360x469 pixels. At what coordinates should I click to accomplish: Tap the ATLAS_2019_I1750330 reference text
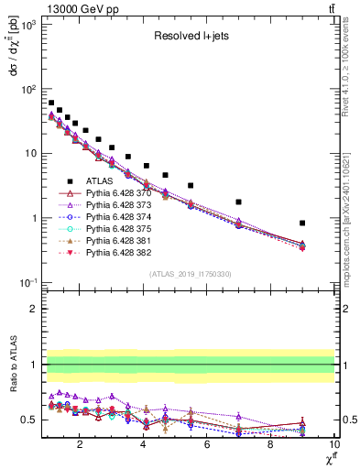tap(190, 274)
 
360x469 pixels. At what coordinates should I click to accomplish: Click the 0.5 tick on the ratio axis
tap(32, 420)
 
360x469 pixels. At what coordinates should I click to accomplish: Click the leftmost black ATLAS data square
tap(51, 103)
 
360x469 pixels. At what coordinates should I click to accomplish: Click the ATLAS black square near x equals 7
tap(238, 202)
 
